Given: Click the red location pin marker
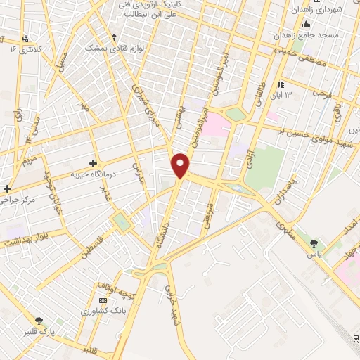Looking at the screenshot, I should tap(181, 165).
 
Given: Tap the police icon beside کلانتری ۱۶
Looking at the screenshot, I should tap(26, 39).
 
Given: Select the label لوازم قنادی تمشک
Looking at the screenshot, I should tap(105, 47).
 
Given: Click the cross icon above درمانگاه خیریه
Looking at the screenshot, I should tap(93, 163).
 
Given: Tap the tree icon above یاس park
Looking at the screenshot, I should tap(314, 243).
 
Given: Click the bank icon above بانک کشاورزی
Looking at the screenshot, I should tap(103, 301).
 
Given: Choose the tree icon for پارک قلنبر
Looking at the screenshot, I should tap(39, 320).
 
